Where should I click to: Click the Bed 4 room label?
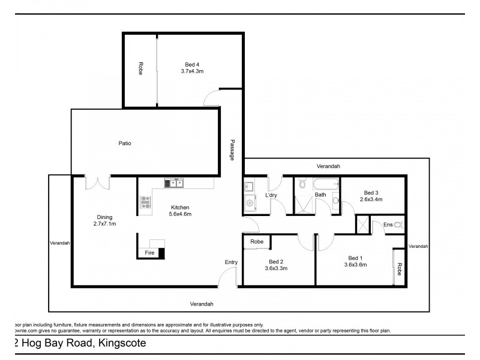pos(193,67)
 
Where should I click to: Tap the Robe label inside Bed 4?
pos(140,68)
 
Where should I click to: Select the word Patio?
pos(125,143)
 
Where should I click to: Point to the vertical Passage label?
pos(232,150)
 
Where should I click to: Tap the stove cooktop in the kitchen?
pos(145,205)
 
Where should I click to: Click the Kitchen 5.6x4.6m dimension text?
pos(181,210)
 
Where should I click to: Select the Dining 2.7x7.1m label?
pos(105,220)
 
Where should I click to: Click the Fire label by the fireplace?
pos(150,253)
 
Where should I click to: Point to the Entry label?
pos(231,262)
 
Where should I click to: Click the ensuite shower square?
pos(362,226)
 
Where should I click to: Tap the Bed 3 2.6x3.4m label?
pos(371,196)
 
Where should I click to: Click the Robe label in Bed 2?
pos(257,242)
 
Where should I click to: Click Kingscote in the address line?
pos(120,344)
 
